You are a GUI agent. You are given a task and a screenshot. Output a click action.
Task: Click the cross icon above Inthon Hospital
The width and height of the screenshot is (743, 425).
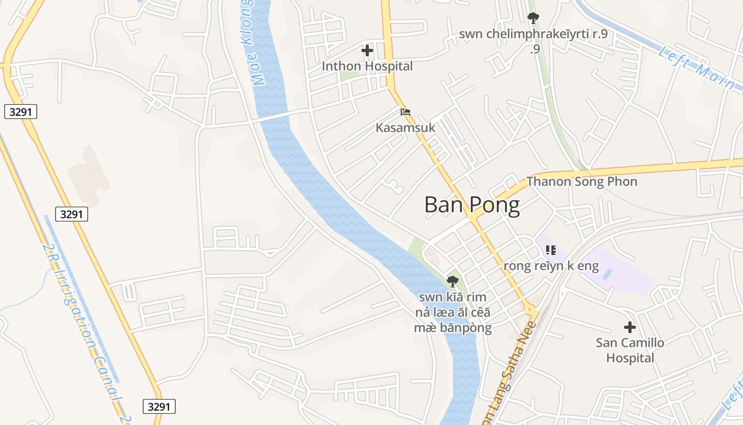(367, 51)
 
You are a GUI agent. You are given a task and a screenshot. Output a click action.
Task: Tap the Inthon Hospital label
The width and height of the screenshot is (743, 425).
(367, 66)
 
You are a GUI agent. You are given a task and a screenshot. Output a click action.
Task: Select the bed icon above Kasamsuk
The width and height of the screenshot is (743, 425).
(405, 112)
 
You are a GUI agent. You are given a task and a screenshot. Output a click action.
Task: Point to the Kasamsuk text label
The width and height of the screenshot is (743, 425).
(405, 128)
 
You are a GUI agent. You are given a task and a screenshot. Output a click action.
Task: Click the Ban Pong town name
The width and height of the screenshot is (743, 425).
(472, 205)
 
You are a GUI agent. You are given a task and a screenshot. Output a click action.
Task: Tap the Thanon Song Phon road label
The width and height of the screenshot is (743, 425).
(582, 182)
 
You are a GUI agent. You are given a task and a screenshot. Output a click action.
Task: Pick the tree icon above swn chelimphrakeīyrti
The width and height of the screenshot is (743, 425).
(533, 19)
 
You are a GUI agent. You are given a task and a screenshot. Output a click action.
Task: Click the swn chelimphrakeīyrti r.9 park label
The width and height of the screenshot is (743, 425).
(533, 35)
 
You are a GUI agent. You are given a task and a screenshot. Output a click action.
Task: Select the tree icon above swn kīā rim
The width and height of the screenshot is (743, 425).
(453, 282)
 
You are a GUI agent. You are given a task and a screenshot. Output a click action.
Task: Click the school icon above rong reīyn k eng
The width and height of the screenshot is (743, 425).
(551, 250)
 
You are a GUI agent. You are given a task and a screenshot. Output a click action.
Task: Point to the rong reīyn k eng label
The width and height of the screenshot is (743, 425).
(551, 266)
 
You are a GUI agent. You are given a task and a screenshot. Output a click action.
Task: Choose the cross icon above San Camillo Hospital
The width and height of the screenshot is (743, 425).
(630, 327)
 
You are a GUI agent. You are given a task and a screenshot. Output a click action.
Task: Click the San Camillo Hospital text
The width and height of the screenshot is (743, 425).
(630, 350)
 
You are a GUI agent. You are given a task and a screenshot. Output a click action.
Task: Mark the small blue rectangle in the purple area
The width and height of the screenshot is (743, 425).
(608, 274)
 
